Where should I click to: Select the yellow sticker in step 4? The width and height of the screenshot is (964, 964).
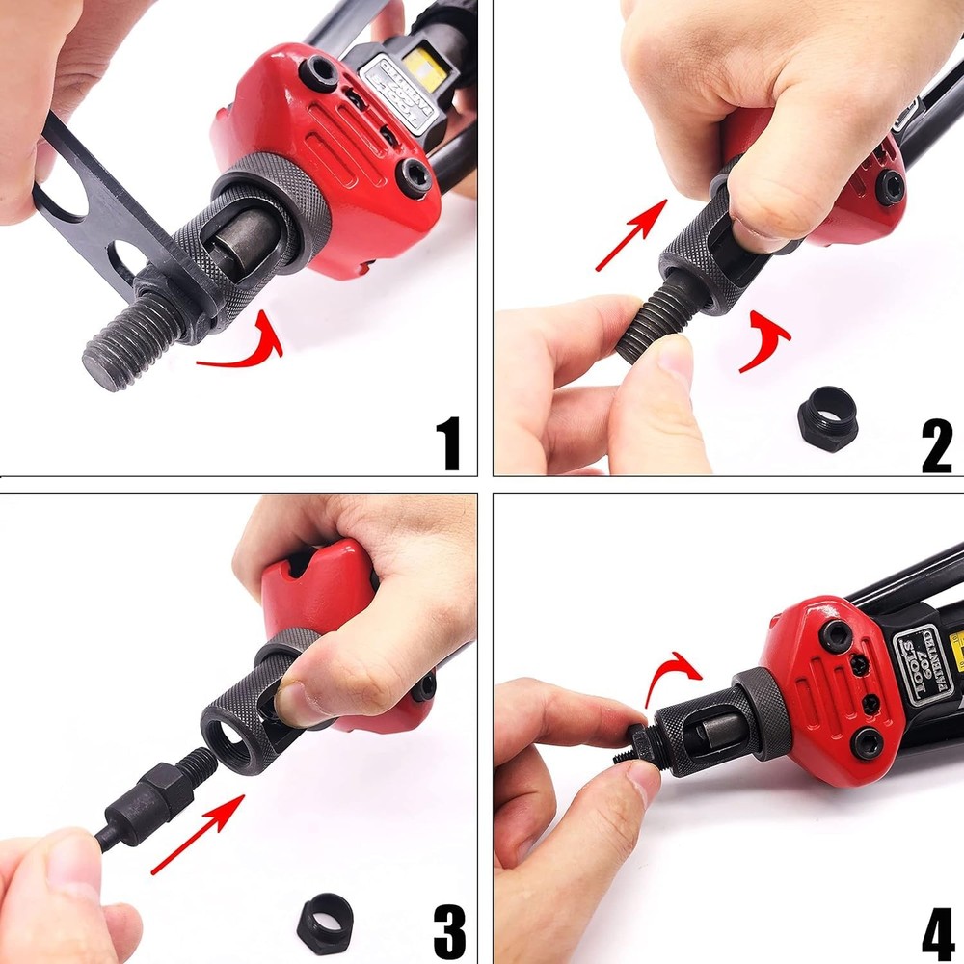tap(954, 641)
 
